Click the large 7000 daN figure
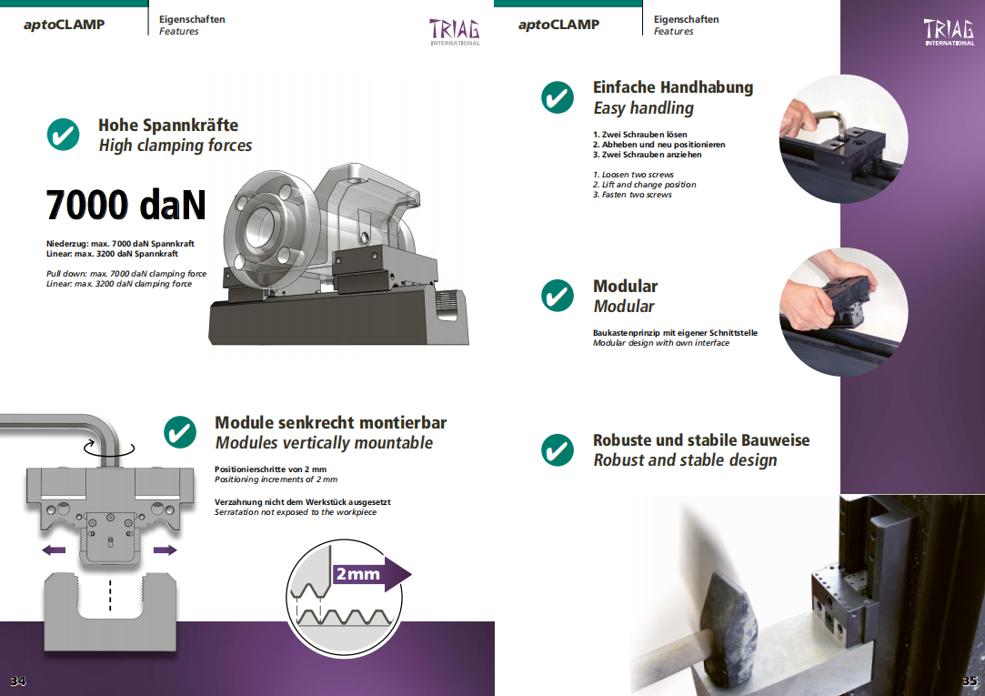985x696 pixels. click(126, 205)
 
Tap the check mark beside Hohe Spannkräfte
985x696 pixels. click(64, 135)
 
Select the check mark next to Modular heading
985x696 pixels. click(558, 296)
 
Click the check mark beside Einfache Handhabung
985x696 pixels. click(558, 97)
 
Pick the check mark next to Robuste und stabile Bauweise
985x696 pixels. click(558, 449)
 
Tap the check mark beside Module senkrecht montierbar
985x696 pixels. click(180, 432)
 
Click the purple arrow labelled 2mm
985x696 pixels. click(371, 573)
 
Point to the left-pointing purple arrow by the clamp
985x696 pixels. click(54, 550)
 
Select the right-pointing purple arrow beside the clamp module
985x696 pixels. click(166, 550)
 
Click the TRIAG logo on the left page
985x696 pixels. click(455, 32)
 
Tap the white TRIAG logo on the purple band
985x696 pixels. click(949, 32)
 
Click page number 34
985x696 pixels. click(17, 681)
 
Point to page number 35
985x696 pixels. click(970, 681)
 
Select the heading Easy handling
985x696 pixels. click(643, 108)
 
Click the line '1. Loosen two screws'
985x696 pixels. click(633, 175)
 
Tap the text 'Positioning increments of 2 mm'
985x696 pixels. click(276, 479)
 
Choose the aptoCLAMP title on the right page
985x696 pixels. click(558, 25)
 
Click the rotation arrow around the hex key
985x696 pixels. click(108, 448)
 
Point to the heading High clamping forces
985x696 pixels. click(176, 146)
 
